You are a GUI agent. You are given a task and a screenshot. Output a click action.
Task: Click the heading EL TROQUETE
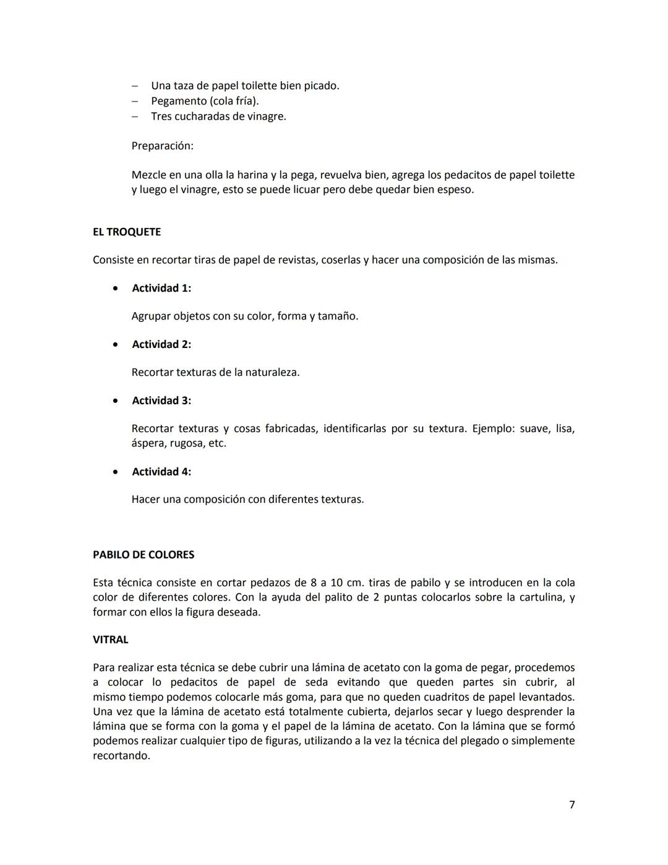pos(126,232)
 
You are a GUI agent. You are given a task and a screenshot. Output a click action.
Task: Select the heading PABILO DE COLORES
pos(143,555)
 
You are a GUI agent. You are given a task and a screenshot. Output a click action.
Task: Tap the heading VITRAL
pos(110,640)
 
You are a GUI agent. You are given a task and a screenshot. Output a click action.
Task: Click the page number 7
pos(572,804)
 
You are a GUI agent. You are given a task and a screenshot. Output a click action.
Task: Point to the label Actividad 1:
pos(161,289)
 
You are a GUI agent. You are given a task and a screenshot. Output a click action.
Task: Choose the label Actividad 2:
pos(161,345)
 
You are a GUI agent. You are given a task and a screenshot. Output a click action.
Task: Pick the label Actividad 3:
pos(161,401)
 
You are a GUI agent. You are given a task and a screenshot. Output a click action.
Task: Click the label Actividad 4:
pos(161,472)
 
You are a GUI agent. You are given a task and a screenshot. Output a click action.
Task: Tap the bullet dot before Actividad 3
pos(116,401)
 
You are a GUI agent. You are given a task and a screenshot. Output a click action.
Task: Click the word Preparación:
pos(162,146)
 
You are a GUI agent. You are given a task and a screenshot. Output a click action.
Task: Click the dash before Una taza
pos(135,86)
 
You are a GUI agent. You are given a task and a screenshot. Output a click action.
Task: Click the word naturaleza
pos(272,373)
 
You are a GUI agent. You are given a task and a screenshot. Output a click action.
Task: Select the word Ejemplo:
pos(493,428)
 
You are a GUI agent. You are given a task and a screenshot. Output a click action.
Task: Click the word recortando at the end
pos(121,756)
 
